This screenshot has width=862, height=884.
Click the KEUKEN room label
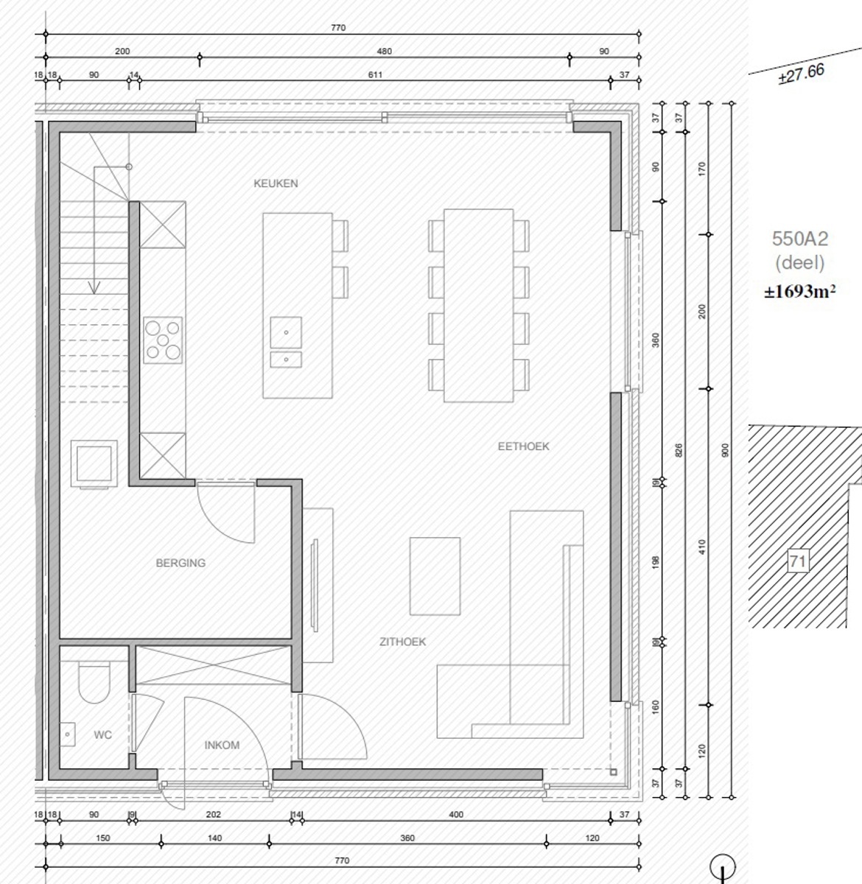[x=276, y=183]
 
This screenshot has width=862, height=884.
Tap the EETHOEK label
[x=523, y=446]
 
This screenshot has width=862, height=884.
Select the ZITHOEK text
[x=402, y=642]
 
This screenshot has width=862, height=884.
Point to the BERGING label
[x=181, y=563]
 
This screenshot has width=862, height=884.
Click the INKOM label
[x=222, y=745]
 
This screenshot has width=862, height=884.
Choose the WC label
[x=102, y=734]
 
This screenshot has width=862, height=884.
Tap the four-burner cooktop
[x=163, y=339]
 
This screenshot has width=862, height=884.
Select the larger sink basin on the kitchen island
[x=286, y=332]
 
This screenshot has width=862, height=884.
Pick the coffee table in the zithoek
[x=435, y=575]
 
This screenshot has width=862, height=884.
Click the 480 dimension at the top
[x=384, y=52]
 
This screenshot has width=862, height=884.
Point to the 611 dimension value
[x=375, y=74]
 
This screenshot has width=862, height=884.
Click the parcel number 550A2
[x=799, y=239]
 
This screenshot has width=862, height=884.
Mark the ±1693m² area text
[x=799, y=291]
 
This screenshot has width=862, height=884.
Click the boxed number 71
[x=798, y=561]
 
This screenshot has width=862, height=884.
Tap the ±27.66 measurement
[x=801, y=74]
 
